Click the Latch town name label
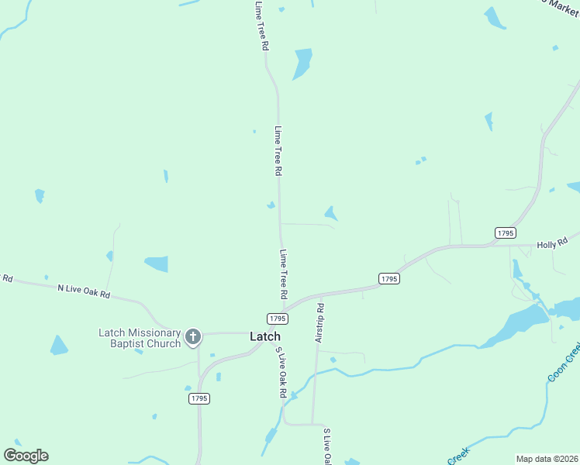click(264, 336)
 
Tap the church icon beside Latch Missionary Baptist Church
click(193, 337)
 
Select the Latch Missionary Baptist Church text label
click(140, 338)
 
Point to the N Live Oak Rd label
click(84, 291)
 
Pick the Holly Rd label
click(553, 243)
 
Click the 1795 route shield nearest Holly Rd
click(506, 232)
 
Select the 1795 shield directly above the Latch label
click(277, 319)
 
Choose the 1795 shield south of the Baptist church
click(199, 398)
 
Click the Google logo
click(26, 456)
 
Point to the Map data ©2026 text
click(547, 459)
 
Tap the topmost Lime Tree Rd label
click(261, 26)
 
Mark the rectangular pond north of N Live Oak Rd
click(156, 263)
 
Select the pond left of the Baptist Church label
click(58, 345)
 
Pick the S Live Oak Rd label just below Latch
click(280, 372)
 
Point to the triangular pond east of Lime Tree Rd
click(330, 212)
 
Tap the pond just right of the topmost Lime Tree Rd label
click(302, 63)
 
